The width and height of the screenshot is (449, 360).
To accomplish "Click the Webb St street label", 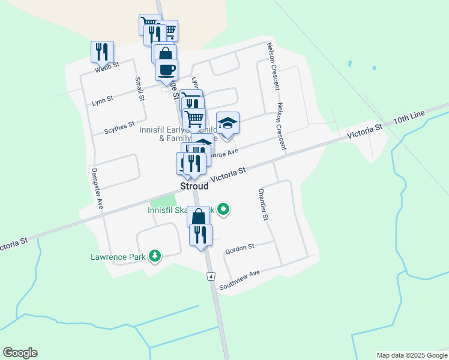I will tap(107, 66).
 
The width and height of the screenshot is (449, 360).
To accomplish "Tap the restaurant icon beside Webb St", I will tap(102, 52).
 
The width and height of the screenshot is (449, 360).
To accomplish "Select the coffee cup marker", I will tap(166, 70).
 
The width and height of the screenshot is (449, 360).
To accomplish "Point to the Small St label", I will tap(139, 89).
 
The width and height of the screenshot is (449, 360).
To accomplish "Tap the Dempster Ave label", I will tap(97, 187).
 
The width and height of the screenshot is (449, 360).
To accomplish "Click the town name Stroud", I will tap(194, 187).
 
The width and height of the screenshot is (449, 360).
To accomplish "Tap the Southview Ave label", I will tap(239, 280).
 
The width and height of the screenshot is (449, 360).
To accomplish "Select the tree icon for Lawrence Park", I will tap(155, 256).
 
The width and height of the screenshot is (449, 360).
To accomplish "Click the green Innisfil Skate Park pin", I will tap(223, 209).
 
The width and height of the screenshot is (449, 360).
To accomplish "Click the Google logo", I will tap(20, 353).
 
